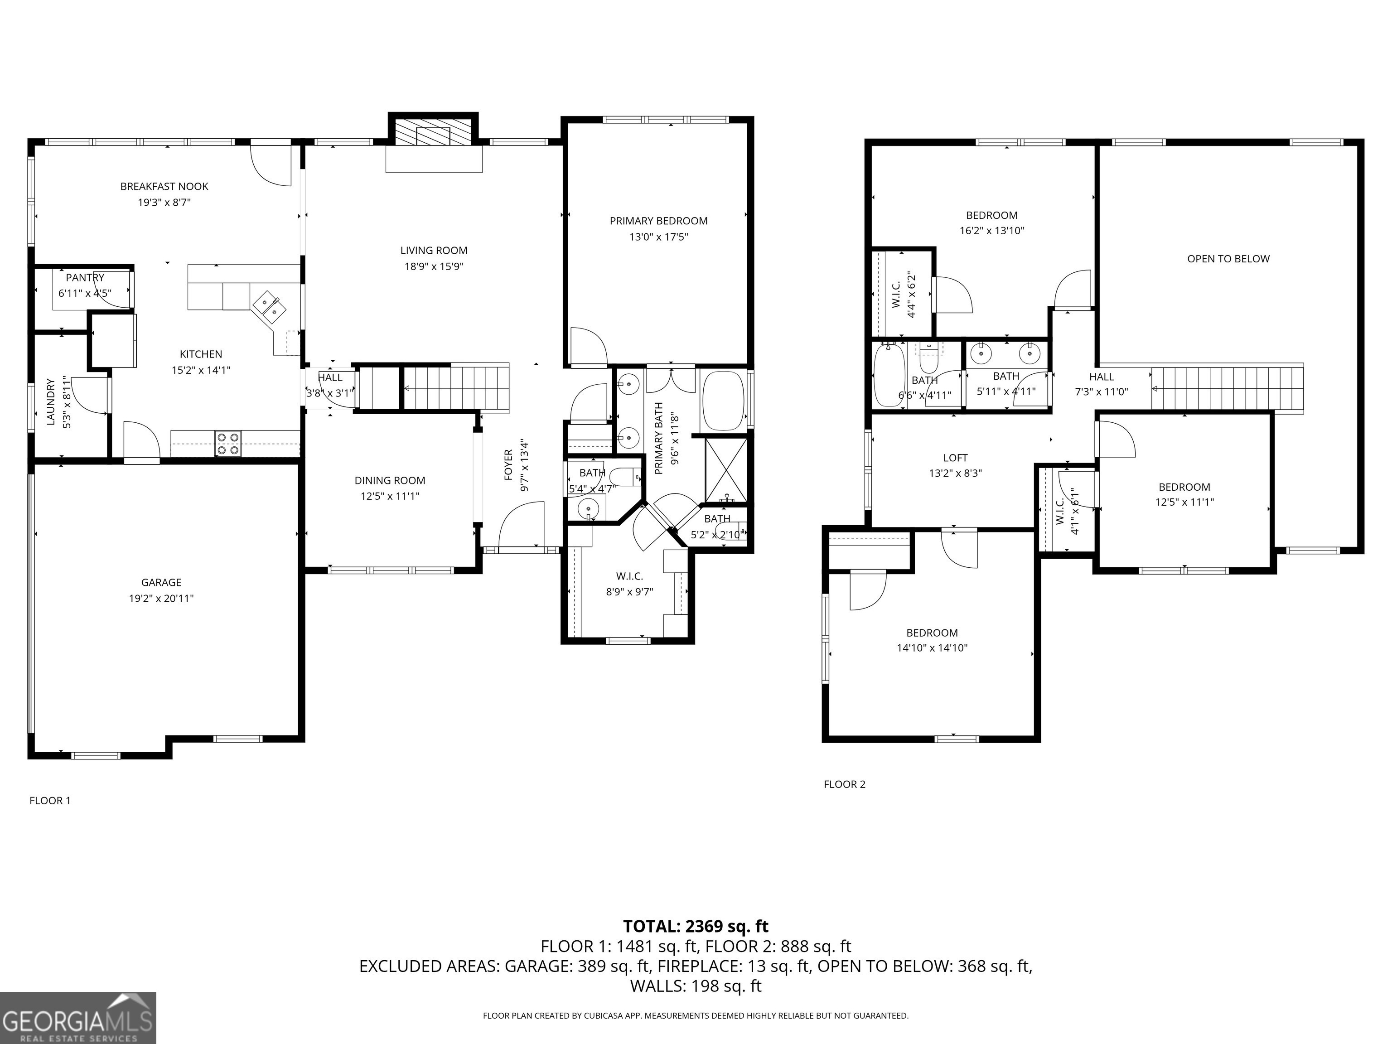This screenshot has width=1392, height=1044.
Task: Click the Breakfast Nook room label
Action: click(164, 186)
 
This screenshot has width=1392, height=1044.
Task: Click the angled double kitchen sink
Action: click(269, 306)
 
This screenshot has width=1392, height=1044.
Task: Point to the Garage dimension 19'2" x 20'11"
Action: click(161, 599)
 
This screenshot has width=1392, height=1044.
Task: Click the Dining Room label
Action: click(390, 480)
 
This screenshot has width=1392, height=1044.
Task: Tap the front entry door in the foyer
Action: click(521, 526)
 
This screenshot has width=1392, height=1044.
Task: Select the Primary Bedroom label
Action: click(658, 221)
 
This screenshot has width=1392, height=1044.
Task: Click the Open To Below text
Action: click(1228, 259)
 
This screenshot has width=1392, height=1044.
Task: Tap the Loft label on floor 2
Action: click(955, 458)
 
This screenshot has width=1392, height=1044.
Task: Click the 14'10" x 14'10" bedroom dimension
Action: click(931, 648)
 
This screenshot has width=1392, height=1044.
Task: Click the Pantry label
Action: click(85, 277)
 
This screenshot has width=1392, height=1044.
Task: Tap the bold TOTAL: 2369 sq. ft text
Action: click(696, 926)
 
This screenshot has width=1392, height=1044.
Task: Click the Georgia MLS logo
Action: click(77, 1018)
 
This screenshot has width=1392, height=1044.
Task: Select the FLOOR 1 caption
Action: click(50, 801)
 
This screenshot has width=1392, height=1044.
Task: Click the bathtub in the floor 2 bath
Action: click(889, 376)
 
